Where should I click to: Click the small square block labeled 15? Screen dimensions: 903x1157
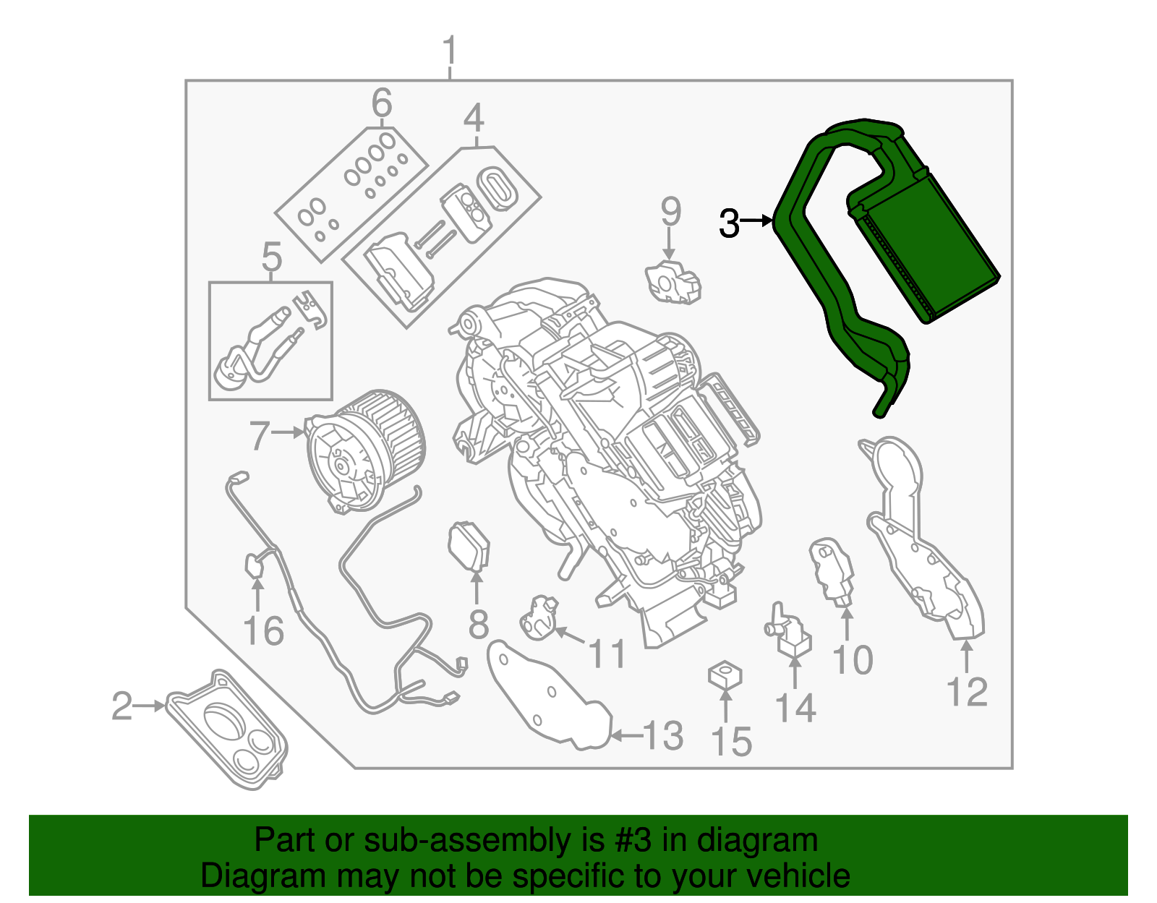click(x=725, y=677)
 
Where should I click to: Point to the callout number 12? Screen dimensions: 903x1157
click(x=967, y=692)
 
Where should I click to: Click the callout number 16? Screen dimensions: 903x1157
click(x=263, y=630)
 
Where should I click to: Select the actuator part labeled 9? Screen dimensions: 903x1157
click(x=673, y=281)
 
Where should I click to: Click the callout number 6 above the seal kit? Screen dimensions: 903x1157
click(x=382, y=103)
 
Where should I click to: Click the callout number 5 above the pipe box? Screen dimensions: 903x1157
click(x=271, y=257)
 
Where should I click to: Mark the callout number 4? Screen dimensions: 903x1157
click(x=474, y=118)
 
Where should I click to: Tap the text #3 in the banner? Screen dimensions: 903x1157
click(x=633, y=841)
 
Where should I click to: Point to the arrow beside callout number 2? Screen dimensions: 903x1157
click(x=152, y=706)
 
